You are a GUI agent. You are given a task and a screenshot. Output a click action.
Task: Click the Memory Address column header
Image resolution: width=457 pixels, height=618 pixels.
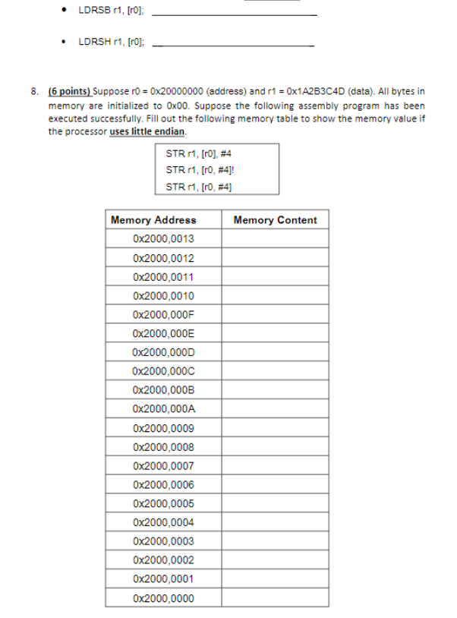pos(153,220)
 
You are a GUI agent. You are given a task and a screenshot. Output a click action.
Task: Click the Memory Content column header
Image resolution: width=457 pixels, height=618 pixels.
pos(275,220)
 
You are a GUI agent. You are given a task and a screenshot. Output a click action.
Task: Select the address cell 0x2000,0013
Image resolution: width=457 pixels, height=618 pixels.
pos(162,239)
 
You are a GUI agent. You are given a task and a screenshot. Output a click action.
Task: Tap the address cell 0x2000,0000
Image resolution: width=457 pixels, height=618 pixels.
pos(162,598)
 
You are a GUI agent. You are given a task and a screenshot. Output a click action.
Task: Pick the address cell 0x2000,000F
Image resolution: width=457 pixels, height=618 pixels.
pos(162,314)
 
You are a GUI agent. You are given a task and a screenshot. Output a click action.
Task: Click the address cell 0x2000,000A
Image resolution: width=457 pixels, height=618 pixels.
pos(162,409)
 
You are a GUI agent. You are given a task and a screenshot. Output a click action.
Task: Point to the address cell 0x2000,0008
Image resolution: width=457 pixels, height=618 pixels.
pos(162,447)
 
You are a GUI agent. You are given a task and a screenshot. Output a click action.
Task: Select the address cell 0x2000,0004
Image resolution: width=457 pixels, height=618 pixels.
pos(162,522)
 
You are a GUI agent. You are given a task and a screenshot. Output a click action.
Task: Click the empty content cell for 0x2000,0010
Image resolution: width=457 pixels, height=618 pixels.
pos(275,296)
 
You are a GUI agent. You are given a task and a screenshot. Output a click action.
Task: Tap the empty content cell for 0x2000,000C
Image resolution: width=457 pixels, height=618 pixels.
pos(275,371)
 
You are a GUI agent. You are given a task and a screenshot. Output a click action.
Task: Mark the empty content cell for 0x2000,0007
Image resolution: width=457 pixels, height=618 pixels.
pos(275,466)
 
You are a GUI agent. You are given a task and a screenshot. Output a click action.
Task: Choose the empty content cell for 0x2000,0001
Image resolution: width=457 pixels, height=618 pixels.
pos(275,579)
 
